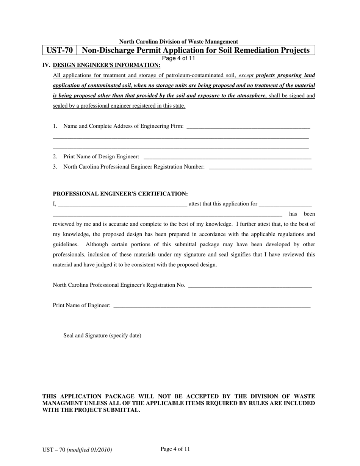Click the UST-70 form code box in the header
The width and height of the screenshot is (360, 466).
pos(59,50)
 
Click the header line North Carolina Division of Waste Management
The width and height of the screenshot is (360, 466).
pos(178,42)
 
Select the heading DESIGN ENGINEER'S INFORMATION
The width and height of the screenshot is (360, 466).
pos(106,65)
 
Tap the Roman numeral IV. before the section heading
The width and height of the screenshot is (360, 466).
pos(46,65)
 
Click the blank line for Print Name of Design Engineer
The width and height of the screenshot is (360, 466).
pos(227,157)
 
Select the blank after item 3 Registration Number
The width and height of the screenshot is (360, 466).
pos(260,167)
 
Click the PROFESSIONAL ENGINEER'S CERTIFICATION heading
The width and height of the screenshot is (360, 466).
pos(120,194)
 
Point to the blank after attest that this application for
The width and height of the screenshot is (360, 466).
pos(285,204)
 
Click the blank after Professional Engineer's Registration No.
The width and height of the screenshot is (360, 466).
pos(250,285)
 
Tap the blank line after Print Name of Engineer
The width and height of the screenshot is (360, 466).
pos(212,306)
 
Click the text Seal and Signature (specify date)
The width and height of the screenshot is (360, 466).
pos(102,336)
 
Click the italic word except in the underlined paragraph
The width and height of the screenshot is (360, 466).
pos(246,75)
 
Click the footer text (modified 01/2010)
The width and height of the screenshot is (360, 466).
pos(89,450)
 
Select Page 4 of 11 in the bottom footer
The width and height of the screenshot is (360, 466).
pos(175,449)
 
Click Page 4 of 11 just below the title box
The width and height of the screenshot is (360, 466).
pos(178,58)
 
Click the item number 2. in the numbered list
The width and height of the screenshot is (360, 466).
pos(55,157)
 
